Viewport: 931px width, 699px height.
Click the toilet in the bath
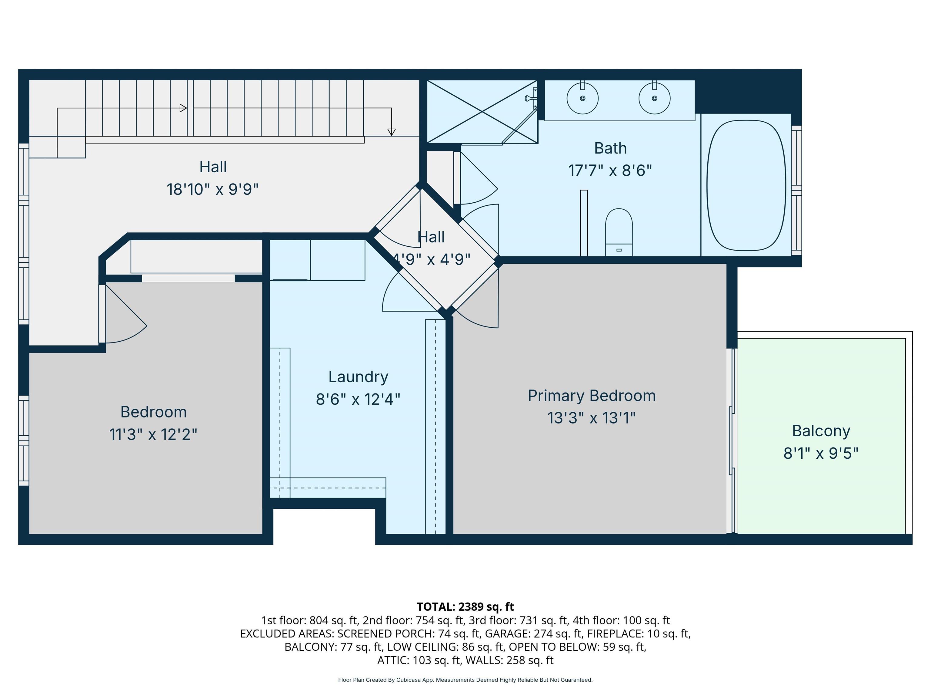(619, 232)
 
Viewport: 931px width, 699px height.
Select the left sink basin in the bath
(582, 98)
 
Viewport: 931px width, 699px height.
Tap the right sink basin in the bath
(655, 98)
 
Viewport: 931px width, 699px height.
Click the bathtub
(746, 185)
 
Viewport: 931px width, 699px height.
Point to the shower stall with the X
(482, 112)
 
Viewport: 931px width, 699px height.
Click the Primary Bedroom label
(592, 396)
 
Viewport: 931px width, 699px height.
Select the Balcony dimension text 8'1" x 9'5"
(821, 453)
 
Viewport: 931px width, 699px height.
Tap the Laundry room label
(358, 377)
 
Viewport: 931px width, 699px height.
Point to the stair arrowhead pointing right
(183, 108)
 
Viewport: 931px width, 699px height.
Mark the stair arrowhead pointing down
(392, 132)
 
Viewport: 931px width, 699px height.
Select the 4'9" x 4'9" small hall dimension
(432, 259)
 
